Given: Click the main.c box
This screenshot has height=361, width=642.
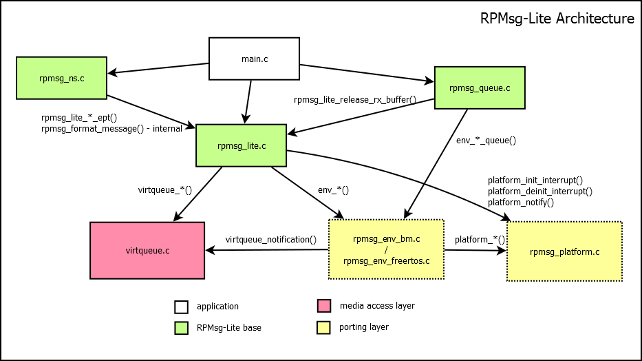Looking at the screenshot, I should [x=254, y=59].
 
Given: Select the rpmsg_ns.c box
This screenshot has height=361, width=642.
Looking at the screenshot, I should [x=62, y=78].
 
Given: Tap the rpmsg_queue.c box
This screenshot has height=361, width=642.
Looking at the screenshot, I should [x=479, y=87].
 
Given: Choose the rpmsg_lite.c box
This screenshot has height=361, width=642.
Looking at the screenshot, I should [x=241, y=145].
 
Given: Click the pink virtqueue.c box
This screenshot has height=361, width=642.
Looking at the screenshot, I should [x=147, y=250].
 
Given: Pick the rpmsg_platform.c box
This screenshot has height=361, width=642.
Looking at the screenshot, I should [x=564, y=251].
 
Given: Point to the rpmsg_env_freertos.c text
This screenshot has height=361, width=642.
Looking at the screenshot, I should [x=386, y=260].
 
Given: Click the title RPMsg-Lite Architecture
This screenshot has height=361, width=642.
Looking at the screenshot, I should [x=557, y=19].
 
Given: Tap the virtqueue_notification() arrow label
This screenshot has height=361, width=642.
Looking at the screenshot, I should [x=270, y=240].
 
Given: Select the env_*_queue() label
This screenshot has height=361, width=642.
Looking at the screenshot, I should [x=486, y=140].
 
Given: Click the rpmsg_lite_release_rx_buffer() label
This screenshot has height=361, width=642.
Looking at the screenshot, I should [x=355, y=99].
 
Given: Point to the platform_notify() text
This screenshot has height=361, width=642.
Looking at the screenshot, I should [x=521, y=203].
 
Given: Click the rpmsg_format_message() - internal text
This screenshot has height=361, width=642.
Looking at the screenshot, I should [x=111, y=128].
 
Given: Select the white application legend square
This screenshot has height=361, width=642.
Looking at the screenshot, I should [x=181, y=307].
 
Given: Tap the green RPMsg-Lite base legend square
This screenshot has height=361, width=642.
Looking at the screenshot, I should [x=181, y=328].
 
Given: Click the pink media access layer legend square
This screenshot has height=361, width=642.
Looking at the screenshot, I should [x=323, y=306].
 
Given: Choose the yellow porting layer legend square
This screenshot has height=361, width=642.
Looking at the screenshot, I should [x=323, y=327].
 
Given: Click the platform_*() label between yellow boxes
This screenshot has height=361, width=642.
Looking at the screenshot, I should [x=480, y=240].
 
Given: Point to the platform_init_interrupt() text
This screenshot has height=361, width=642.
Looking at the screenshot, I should [x=535, y=180].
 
